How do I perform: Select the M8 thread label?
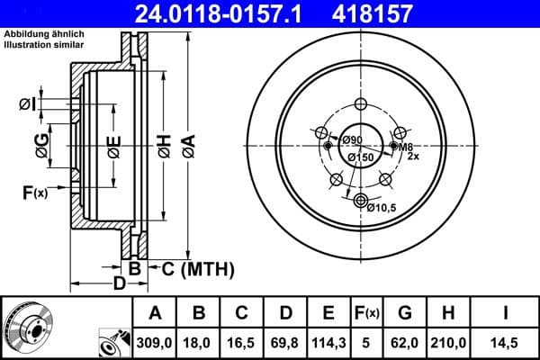coord(406,147)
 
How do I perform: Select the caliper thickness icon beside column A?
coord(112,341)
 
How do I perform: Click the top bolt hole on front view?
coord(361,103)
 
